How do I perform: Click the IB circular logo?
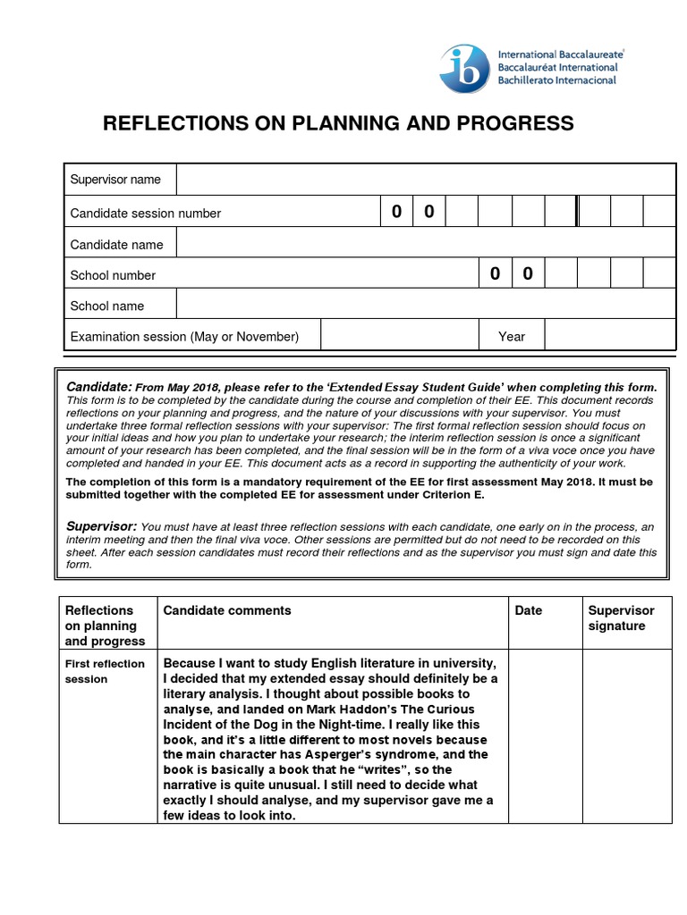[464, 68]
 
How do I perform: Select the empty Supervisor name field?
[425, 180]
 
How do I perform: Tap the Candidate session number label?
[146, 213]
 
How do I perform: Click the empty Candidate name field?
[425, 244]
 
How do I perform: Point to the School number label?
[113, 275]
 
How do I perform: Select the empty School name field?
[425, 306]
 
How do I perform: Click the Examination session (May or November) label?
[184, 336]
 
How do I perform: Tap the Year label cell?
[512, 336]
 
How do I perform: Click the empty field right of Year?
[609, 336]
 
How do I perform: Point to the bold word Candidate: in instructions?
[99, 386]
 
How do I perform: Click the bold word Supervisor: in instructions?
[101, 526]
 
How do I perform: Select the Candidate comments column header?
[227, 610]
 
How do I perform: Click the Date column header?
[529, 610]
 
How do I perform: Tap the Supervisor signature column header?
[621, 617]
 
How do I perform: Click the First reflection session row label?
[105, 670]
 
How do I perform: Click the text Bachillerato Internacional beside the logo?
[557, 80]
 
